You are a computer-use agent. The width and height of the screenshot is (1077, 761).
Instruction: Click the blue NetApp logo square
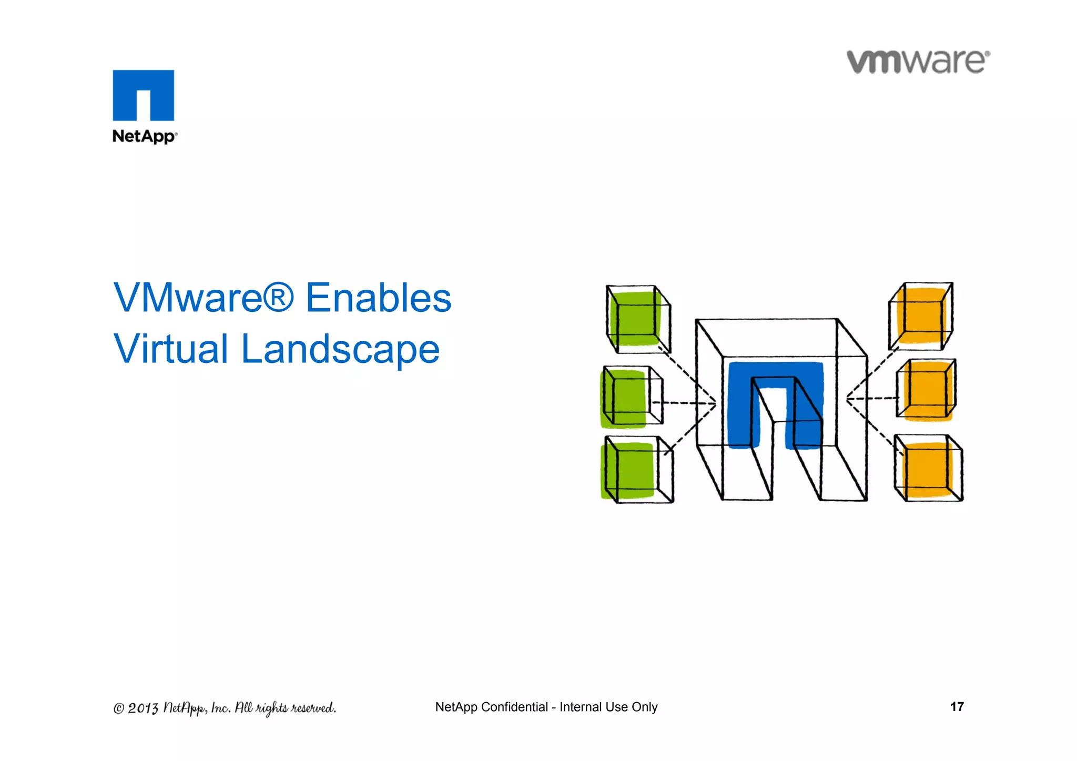(143, 95)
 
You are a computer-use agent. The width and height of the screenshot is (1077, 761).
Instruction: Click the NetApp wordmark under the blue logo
(145, 136)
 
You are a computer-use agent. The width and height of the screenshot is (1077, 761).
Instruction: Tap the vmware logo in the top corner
(918, 62)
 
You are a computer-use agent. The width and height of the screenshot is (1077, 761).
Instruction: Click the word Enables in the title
(378, 298)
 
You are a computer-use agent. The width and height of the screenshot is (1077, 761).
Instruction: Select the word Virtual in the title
(170, 349)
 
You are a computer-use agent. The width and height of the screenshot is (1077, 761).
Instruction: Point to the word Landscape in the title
(340, 349)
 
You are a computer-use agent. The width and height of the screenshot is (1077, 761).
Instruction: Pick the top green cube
(638, 319)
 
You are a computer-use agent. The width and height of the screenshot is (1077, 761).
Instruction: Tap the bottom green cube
(635, 470)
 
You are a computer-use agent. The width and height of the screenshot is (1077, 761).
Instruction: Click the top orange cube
(921, 316)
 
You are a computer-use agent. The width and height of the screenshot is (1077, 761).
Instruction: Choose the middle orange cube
(927, 390)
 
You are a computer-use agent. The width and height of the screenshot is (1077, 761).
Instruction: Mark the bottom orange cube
(929, 469)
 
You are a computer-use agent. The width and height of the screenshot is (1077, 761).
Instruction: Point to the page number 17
(957, 706)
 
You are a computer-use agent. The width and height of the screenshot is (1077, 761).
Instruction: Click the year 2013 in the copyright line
(143, 708)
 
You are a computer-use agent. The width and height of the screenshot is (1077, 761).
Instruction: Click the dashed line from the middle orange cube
(873, 399)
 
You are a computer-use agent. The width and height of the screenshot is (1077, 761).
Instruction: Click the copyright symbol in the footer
(119, 709)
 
